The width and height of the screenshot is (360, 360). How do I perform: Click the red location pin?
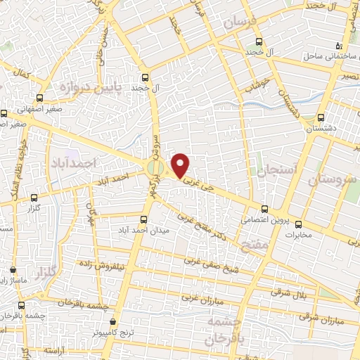(x=181, y=165)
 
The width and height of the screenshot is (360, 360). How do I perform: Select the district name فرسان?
(x=241, y=23)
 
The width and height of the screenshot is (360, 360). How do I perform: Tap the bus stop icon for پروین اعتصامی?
(x=265, y=209)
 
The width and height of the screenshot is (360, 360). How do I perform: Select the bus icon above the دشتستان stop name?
(x=321, y=117)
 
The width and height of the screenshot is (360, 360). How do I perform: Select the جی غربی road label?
(x=196, y=181)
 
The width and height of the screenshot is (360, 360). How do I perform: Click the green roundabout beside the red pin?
(x=155, y=168)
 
